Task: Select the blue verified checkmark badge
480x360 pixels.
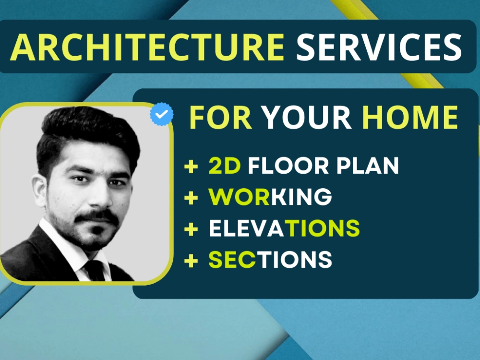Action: (162, 115)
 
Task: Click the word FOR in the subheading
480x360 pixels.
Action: (221, 117)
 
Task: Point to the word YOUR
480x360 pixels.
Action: (307, 117)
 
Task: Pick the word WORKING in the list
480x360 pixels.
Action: (270, 197)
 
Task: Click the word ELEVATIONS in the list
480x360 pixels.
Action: (284, 228)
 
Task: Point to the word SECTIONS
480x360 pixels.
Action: (270, 260)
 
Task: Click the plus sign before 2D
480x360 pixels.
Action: (191, 167)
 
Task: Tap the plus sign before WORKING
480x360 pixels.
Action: (191, 198)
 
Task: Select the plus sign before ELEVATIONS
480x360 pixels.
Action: (191, 229)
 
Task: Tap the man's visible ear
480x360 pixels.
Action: (39, 189)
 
